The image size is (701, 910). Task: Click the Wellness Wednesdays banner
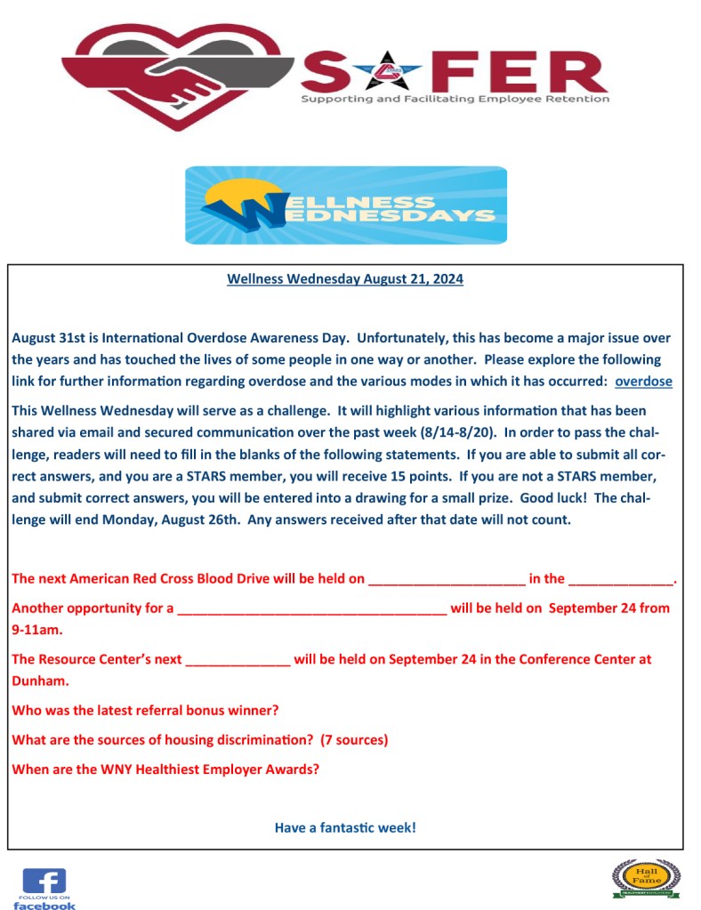tap(346, 205)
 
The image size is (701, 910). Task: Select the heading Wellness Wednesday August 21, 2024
tap(345, 279)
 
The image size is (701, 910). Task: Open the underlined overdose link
tap(643, 382)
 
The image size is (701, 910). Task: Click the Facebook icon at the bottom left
tap(44, 887)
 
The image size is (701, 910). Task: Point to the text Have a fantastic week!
tap(345, 827)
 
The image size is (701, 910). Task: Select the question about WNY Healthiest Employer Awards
tap(165, 769)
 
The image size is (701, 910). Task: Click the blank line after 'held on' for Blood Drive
tap(447, 580)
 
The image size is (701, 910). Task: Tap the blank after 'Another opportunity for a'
tap(311, 610)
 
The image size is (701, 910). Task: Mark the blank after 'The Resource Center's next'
tap(238, 661)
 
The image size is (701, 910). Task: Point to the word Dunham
tap(40, 681)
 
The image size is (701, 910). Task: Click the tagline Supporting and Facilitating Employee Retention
tap(455, 99)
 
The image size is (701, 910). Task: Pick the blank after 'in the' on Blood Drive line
tap(621, 580)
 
